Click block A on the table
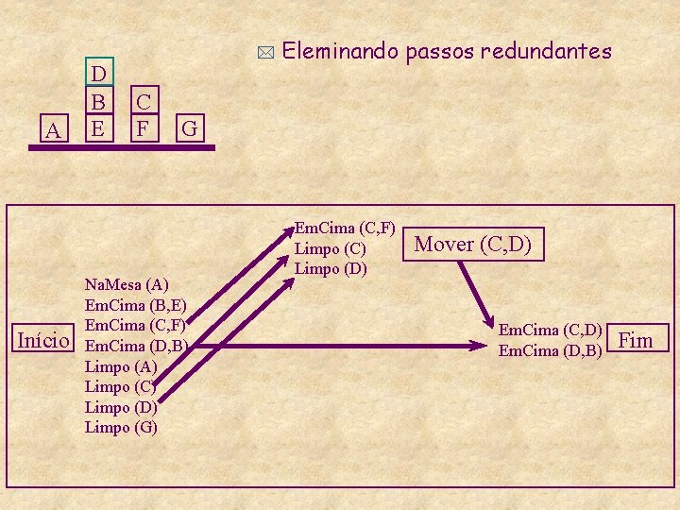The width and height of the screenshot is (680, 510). [x=53, y=129]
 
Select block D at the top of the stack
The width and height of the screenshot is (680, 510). [x=98, y=74]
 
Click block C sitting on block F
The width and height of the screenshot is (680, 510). [x=144, y=100]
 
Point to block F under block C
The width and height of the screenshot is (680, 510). [x=144, y=127]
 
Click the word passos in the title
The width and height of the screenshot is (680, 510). [x=439, y=53]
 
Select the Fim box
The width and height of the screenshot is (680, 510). [x=641, y=339]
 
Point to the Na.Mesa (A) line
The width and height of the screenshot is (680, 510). [x=127, y=284]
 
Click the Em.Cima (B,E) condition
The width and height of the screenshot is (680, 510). [x=136, y=305]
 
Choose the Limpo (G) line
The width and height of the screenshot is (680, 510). [x=122, y=427]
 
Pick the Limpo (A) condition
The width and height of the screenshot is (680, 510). [x=122, y=365]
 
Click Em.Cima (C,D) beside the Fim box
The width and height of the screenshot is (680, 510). [x=551, y=330]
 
